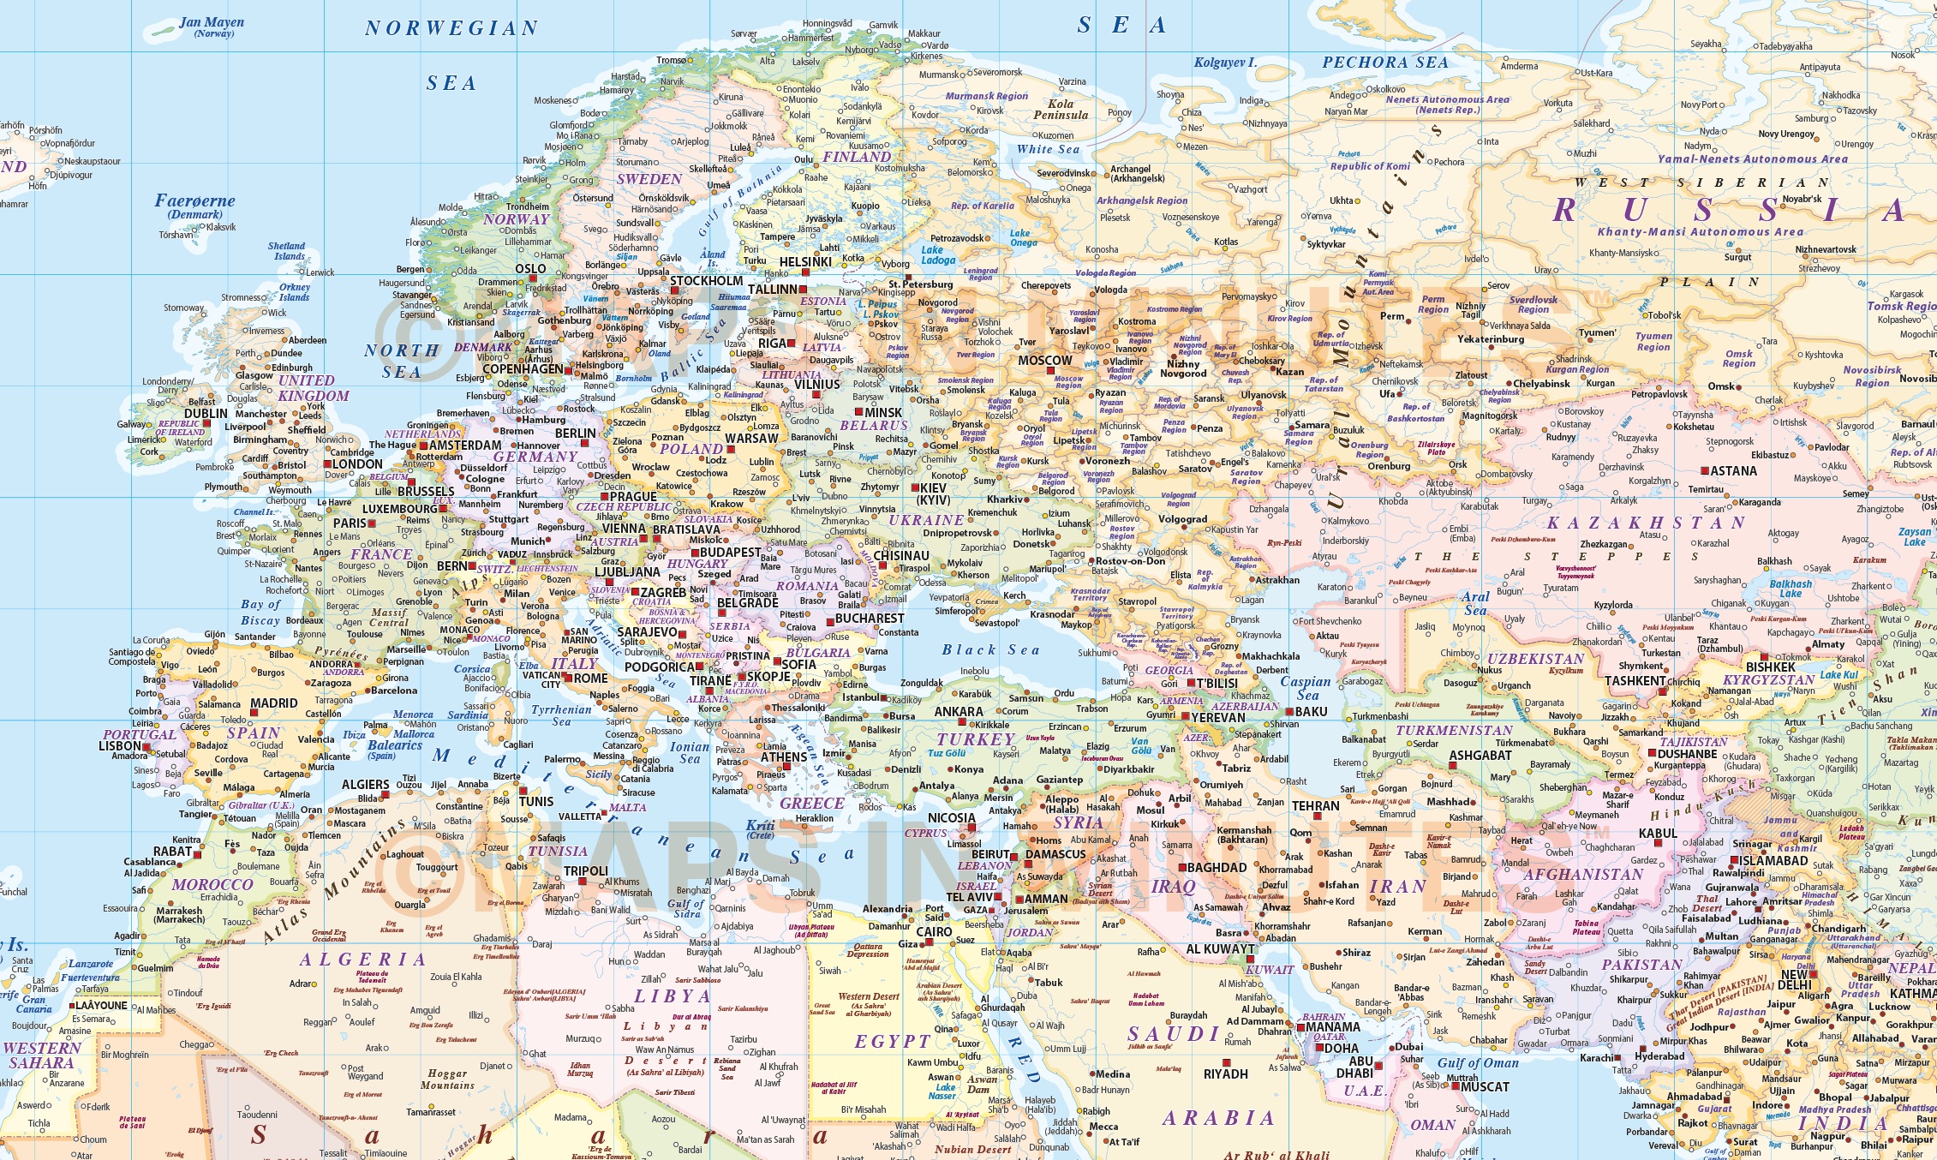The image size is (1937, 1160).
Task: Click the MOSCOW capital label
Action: click(x=1044, y=361)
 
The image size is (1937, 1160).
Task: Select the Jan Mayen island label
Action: click(x=212, y=23)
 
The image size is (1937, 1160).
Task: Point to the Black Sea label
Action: click(x=990, y=650)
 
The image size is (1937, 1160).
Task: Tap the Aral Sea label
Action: click(x=1475, y=603)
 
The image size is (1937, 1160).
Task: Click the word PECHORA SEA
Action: click(x=1385, y=63)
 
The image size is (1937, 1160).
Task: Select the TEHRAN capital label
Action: click(x=1315, y=806)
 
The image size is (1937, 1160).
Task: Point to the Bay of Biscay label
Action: click(x=260, y=613)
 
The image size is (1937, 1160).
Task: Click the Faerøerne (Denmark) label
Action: click(x=194, y=206)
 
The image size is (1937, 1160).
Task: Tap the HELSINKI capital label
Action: click(x=804, y=262)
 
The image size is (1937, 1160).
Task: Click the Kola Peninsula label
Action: click(x=1061, y=110)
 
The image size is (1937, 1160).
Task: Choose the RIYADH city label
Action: click(x=1225, y=1074)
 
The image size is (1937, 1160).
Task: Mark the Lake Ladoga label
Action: click(x=938, y=255)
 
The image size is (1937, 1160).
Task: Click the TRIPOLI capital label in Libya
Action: click(x=586, y=871)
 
